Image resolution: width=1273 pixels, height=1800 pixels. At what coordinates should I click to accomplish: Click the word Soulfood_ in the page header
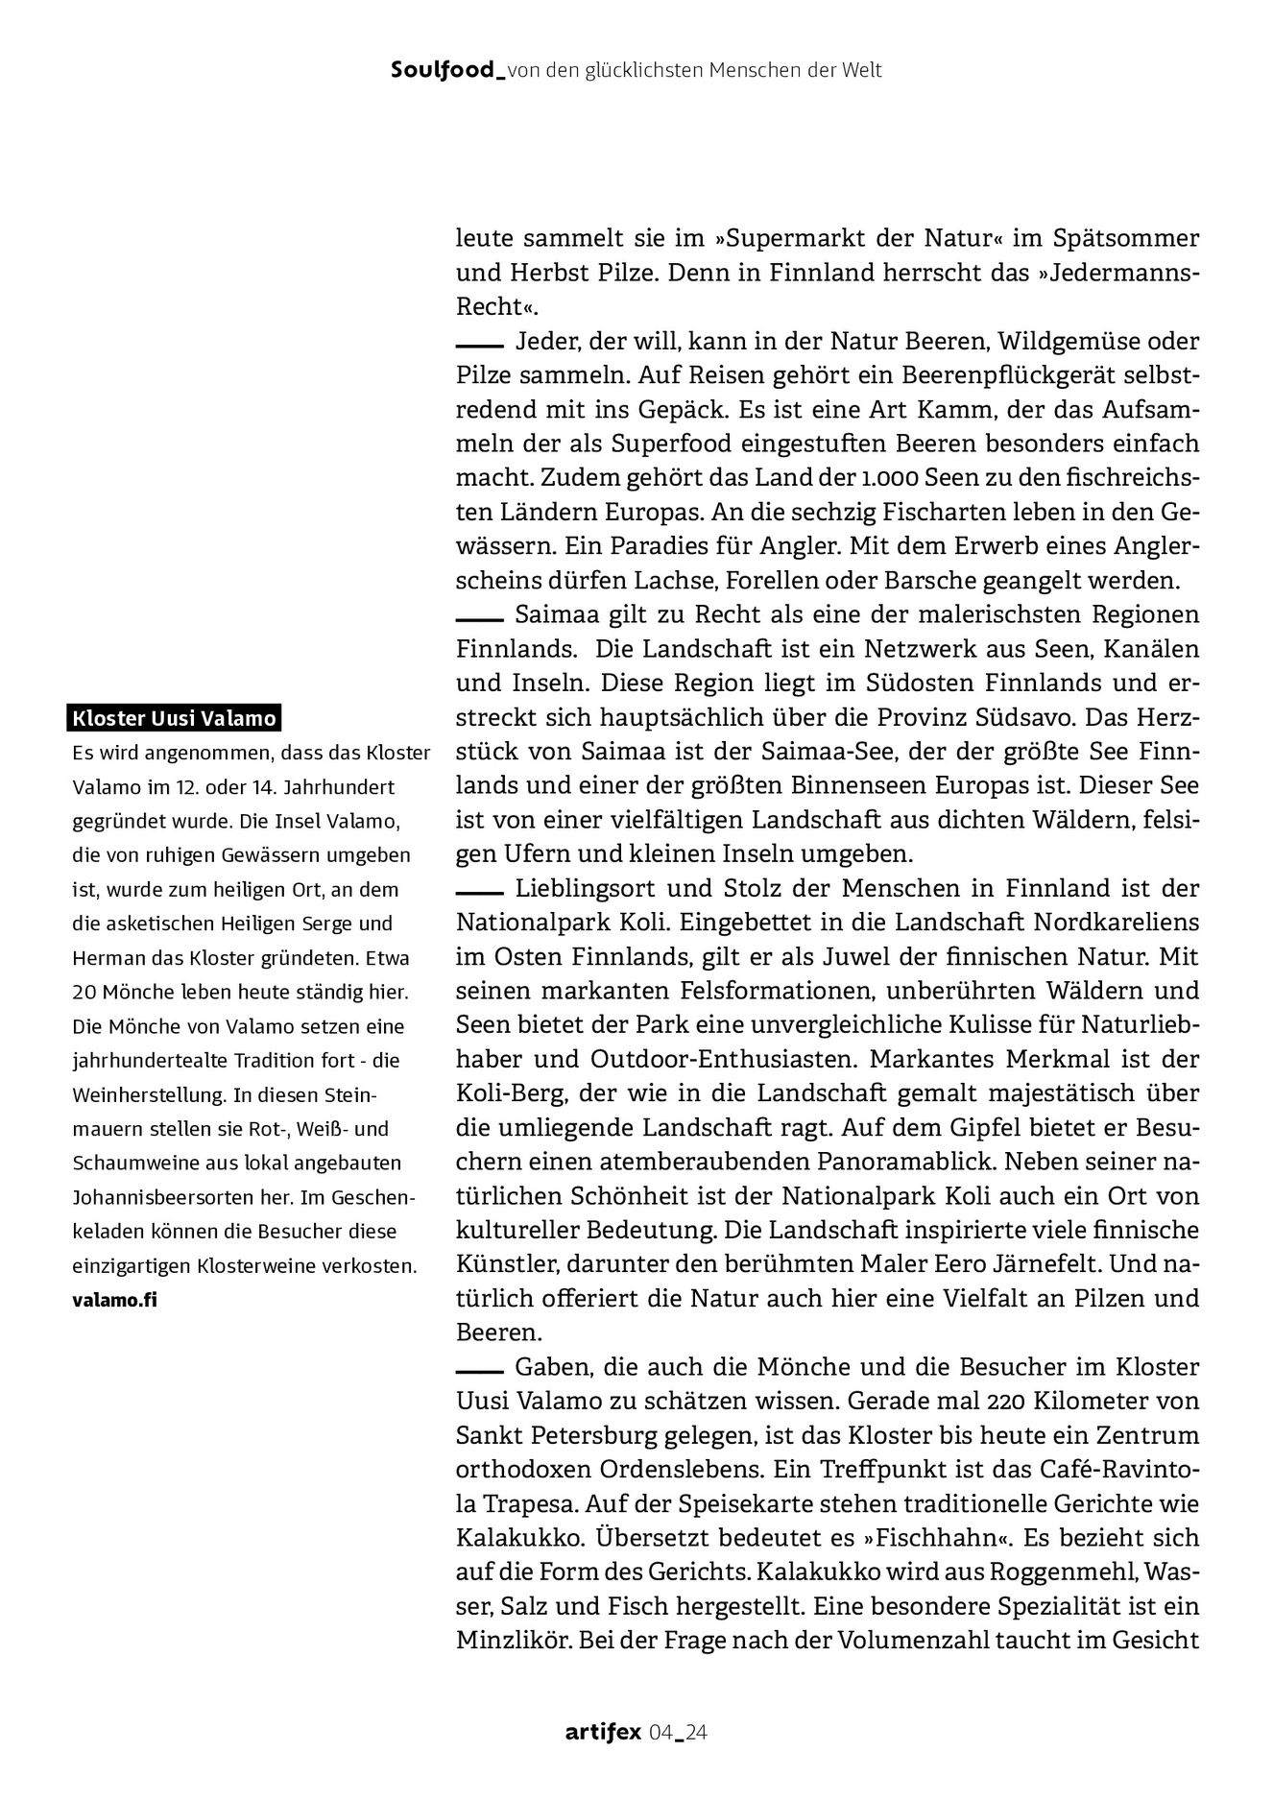[x=448, y=70]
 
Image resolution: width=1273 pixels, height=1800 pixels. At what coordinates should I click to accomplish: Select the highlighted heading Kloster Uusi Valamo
[x=174, y=718]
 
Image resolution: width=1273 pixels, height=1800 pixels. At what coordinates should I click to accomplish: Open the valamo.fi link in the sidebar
[x=113, y=1300]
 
